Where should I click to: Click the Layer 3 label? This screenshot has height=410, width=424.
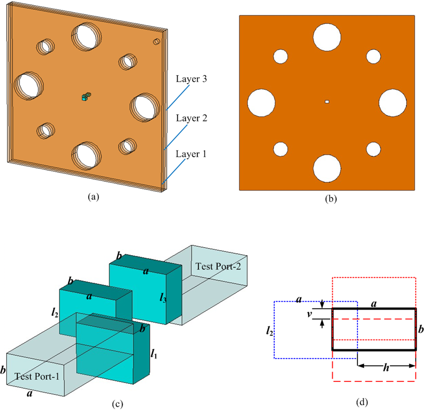click(x=192, y=79)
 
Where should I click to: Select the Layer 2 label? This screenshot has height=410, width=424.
click(x=192, y=118)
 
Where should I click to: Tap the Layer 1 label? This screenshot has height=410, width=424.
click(x=191, y=153)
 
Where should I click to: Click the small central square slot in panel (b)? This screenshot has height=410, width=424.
click(x=327, y=101)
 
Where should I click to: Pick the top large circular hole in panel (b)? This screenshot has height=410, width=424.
click(x=327, y=36)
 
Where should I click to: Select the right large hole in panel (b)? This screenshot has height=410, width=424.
click(x=392, y=102)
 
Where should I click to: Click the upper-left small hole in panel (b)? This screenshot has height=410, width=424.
click(x=281, y=56)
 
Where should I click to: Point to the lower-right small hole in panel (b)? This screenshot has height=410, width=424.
click(x=373, y=149)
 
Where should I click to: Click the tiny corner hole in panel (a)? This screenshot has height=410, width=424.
click(x=156, y=42)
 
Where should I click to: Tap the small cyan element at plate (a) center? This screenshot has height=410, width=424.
click(x=85, y=97)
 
